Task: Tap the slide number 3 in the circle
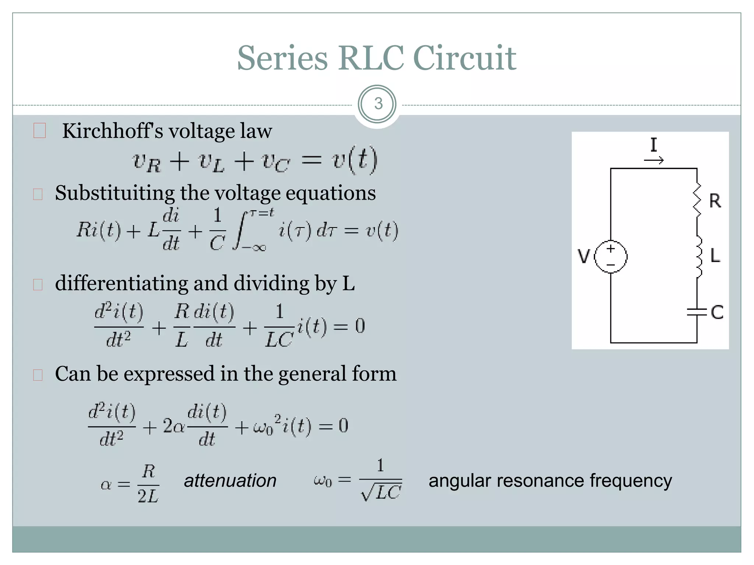click(x=378, y=104)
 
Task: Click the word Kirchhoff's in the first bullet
click(x=112, y=131)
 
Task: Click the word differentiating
click(x=121, y=284)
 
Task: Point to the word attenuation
click(x=230, y=481)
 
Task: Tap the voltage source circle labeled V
click(x=611, y=257)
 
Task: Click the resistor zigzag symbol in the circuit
click(x=697, y=200)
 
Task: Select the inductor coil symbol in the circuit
click(x=698, y=256)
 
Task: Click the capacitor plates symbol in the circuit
click(x=697, y=312)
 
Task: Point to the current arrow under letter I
click(x=654, y=160)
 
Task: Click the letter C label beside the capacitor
click(x=717, y=312)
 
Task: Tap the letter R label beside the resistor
click(x=715, y=201)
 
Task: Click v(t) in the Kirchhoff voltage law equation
click(x=355, y=160)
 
